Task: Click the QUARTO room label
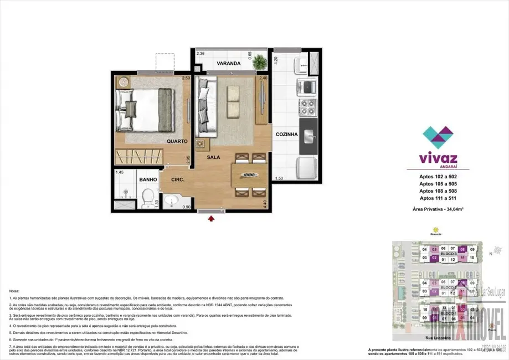(177, 141)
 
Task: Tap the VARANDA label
(228, 64)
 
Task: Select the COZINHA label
(286, 135)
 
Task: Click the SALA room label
(214, 157)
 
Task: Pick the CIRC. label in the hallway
(177, 179)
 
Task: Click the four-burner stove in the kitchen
(307, 105)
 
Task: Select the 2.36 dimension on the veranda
(200, 54)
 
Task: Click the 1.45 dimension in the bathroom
(119, 173)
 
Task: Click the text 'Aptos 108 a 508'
(438, 191)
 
